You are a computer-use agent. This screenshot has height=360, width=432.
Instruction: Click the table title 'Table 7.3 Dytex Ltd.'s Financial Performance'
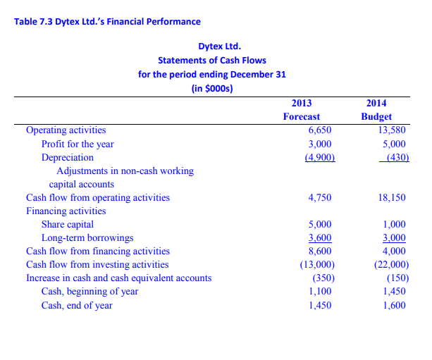click(x=107, y=22)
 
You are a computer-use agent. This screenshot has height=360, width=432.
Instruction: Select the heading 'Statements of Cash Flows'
click(x=212, y=60)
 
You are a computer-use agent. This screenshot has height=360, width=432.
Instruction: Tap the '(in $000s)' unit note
click(x=212, y=88)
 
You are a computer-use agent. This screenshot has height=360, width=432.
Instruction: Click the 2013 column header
click(x=301, y=103)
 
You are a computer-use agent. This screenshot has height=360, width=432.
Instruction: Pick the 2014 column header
click(x=376, y=103)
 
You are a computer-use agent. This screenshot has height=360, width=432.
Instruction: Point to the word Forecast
click(x=301, y=117)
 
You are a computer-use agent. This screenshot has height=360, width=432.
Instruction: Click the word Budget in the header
click(x=376, y=117)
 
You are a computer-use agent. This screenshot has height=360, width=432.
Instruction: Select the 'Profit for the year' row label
click(x=78, y=144)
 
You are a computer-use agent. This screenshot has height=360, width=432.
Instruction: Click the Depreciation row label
click(x=67, y=157)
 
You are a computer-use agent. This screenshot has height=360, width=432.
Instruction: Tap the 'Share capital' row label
click(x=68, y=224)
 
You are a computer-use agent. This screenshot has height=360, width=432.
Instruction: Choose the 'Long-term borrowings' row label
click(x=87, y=237)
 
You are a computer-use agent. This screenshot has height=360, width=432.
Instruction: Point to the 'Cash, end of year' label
click(x=77, y=305)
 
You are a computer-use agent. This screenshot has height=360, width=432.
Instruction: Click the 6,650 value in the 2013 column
click(x=320, y=130)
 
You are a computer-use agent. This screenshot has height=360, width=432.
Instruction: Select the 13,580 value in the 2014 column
click(x=393, y=130)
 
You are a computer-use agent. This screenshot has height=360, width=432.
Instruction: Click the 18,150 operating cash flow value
click(x=393, y=197)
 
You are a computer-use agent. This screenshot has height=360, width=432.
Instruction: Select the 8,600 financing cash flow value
click(x=320, y=251)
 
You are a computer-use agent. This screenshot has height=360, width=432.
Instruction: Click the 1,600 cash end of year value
click(x=395, y=305)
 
